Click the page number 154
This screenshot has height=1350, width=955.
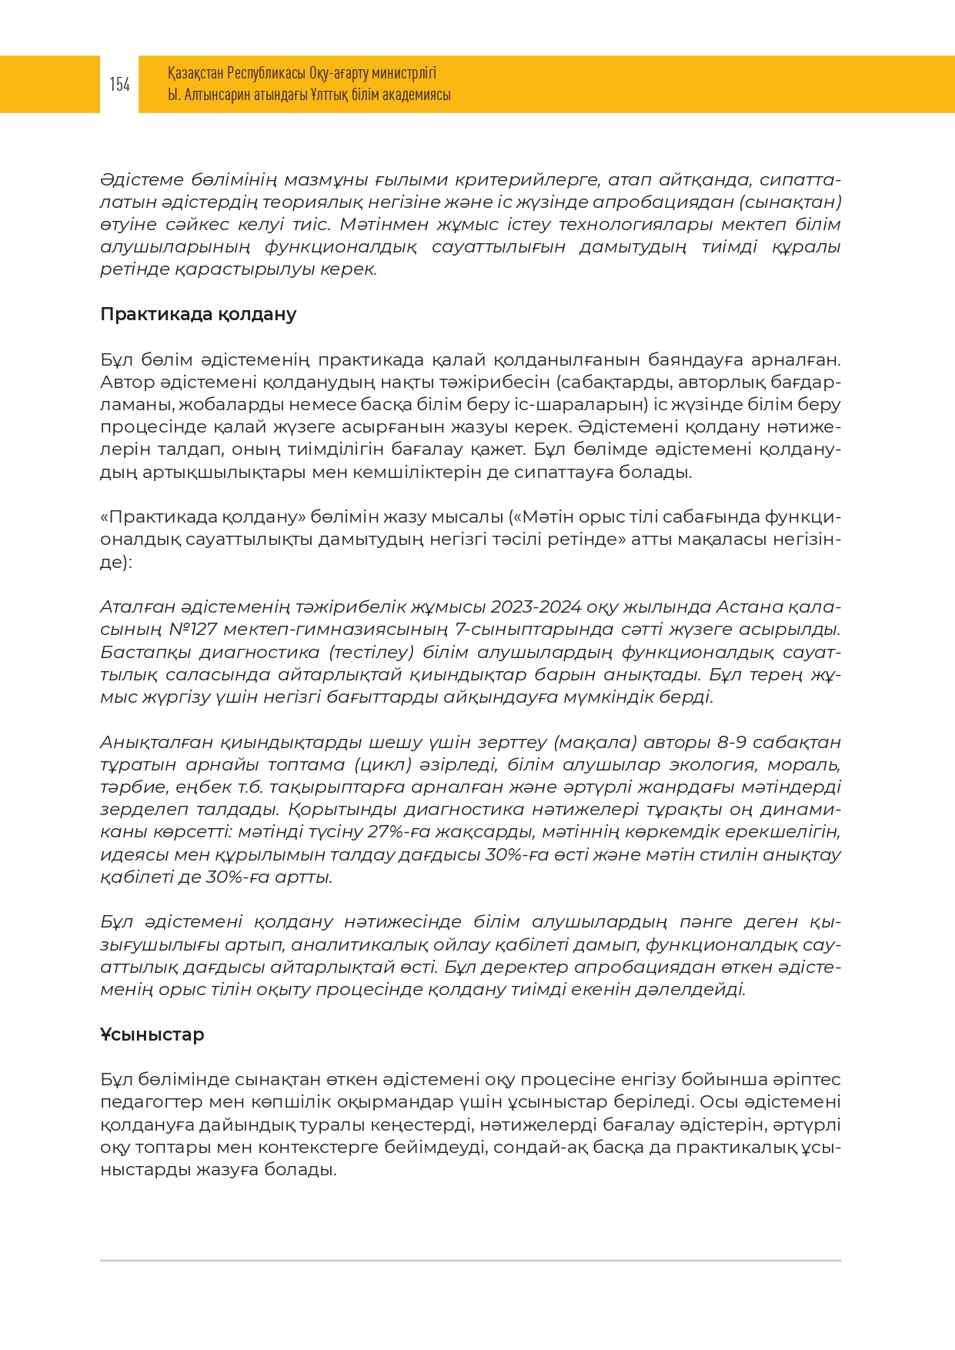pos(119,85)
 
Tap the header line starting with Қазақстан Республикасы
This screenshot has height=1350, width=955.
pos(302,73)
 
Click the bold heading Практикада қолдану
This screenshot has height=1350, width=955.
pos(198,314)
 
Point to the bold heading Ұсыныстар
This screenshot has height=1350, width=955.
pos(152,1034)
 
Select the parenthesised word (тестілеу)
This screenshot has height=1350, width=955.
pos(372,652)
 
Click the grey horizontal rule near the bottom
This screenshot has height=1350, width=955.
pos(470,1261)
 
